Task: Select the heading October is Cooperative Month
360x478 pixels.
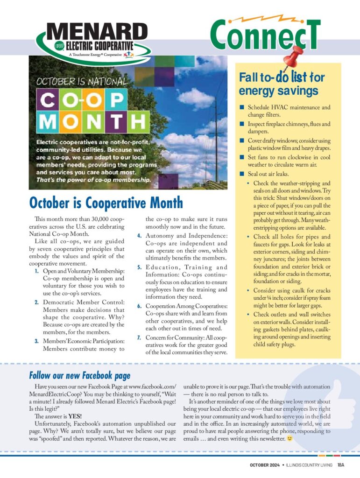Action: [106, 203]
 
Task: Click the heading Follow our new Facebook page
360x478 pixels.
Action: [80, 375]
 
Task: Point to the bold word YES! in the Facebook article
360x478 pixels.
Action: [74, 416]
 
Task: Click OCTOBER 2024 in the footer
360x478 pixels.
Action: [262, 465]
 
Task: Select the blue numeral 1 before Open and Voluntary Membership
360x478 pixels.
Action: [37, 271]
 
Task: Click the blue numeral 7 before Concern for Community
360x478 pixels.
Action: [138, 337]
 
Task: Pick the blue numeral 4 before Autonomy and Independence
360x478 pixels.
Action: [139, 235]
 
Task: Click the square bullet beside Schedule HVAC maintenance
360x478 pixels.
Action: [242, 107]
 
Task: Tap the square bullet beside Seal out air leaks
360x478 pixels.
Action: [242, 174]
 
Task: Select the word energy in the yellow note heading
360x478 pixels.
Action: [259, 91]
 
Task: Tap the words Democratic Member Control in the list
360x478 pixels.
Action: [84, 302]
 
